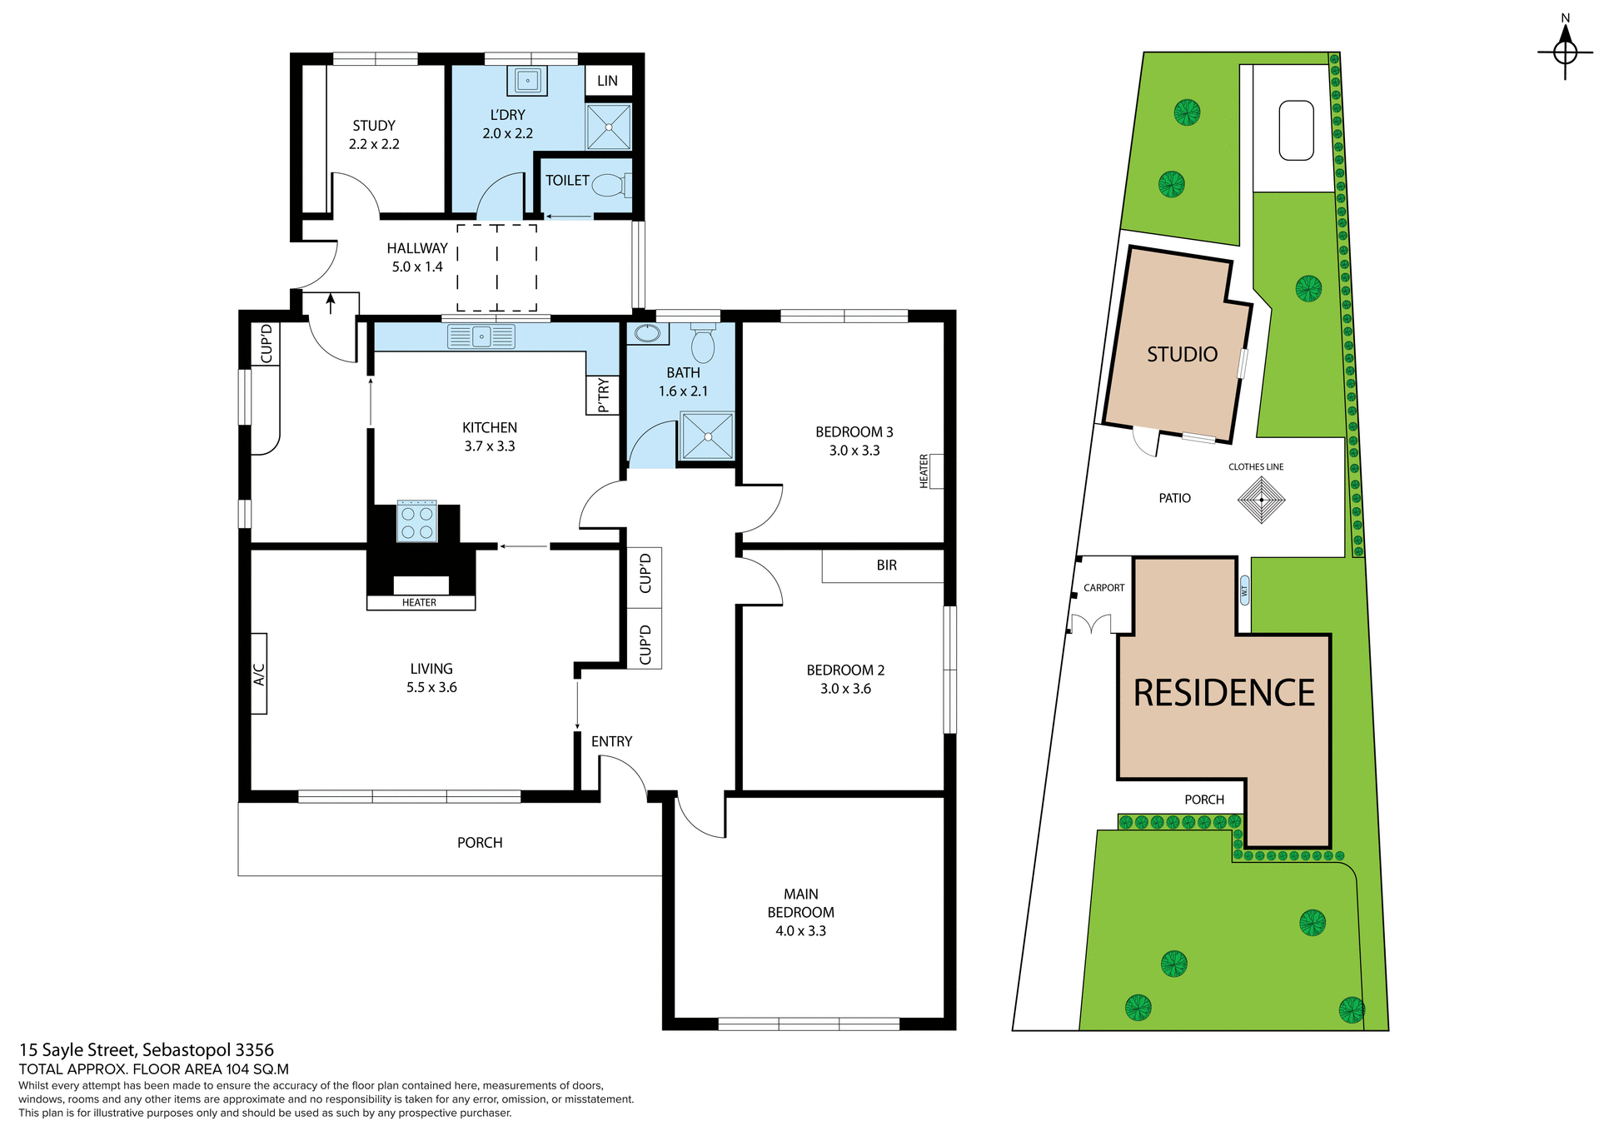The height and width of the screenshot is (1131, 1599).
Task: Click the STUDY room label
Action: point(373,126)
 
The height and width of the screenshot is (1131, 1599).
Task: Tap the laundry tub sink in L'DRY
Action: point(527,81)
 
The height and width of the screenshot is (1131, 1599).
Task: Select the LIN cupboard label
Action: point(607,81)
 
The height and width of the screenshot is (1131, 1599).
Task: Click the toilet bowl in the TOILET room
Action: point(610,185)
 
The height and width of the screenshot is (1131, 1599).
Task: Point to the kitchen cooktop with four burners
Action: point(416,521)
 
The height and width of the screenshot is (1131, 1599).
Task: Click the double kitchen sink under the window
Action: point(481,336)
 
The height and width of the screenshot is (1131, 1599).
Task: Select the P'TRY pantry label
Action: point(603,395)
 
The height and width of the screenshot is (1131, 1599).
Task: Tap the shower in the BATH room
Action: point(707,436)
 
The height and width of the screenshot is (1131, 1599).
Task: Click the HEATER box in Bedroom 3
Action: point(931,471)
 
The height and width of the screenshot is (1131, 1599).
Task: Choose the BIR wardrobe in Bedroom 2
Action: point(885,565)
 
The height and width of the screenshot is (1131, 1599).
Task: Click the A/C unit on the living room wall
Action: point(259,674)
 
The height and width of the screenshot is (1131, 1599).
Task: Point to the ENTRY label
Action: point(611,741)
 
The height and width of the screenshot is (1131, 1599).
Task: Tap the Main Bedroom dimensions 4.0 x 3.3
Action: point(800,931)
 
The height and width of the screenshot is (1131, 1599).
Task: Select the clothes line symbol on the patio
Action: point(1261,500)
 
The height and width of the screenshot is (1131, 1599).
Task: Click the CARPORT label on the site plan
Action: point(1103,588)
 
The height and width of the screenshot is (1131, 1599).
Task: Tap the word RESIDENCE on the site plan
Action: point(1223,693)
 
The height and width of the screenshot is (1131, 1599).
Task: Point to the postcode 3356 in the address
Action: point(255,1050)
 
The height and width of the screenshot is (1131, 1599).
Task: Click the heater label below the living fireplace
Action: point(420,602)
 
